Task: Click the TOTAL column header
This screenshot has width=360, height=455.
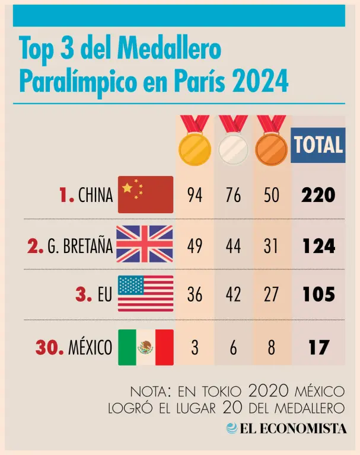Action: click(318, 145)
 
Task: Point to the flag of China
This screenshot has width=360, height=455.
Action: click(146, 194)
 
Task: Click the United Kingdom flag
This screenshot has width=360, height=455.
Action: click(145, 244)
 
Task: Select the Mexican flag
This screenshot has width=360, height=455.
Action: click(146, 347)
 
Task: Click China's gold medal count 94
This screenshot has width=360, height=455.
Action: click(195, 195)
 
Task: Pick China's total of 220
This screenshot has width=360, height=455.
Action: click(318, 195)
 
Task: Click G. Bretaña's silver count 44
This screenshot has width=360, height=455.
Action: click(233, 245)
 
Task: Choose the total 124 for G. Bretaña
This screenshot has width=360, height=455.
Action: click(318, 245)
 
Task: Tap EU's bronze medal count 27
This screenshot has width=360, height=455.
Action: click(271, 294)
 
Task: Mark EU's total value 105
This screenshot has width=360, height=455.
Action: click(318, 294)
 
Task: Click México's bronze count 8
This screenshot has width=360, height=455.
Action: click(271, 347)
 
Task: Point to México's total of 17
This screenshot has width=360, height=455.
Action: click(318, 347)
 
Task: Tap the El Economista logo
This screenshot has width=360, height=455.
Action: click(286, 428)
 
